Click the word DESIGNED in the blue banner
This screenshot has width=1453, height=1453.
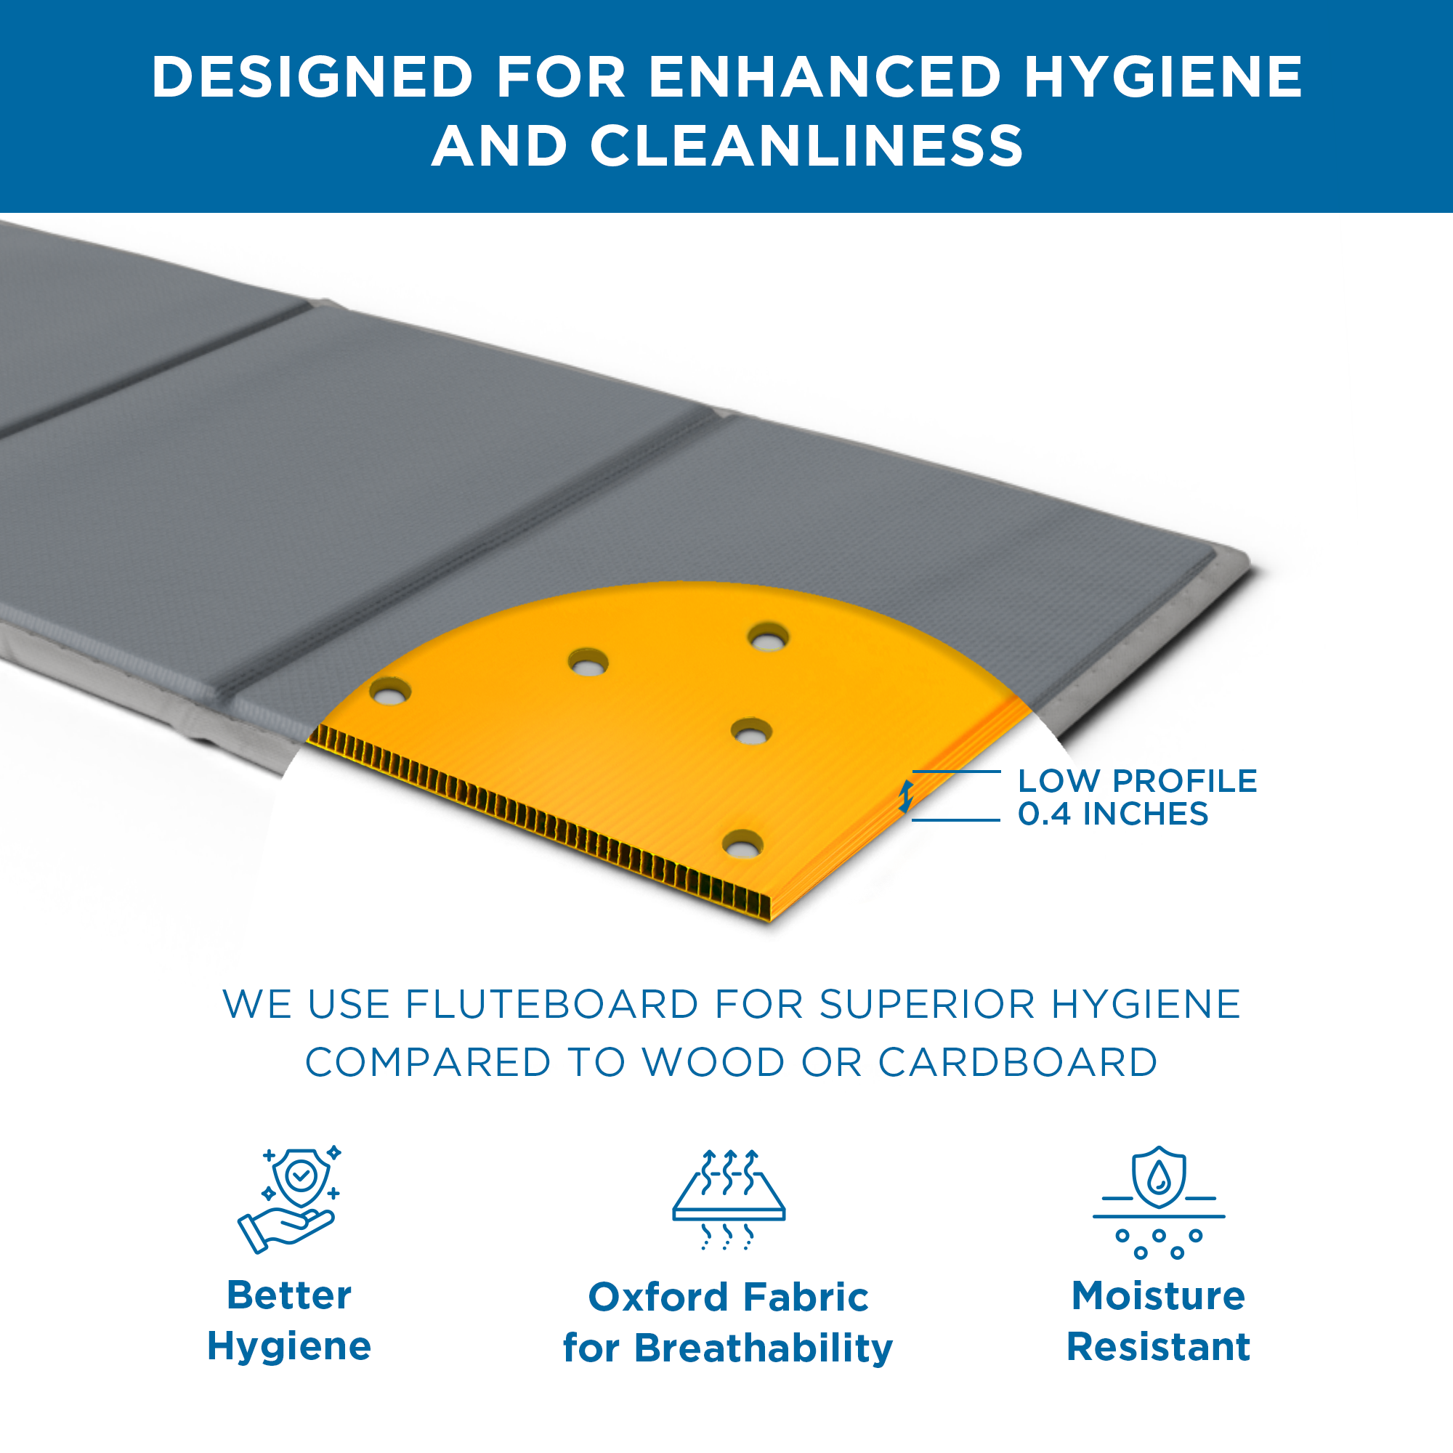[312, 77]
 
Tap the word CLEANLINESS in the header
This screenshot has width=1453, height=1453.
[806, 146]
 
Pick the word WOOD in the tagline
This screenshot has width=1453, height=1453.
[713, 1062]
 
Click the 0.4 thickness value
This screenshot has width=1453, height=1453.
[1044, 814]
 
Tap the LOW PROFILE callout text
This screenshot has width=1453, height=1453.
[1137, 782]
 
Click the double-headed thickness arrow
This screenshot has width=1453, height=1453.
[906, 796]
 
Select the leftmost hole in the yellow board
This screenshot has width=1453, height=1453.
[390, 691]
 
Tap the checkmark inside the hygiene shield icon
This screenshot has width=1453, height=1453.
[301, 1174]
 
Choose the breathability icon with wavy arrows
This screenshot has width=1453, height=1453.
[729, 1199]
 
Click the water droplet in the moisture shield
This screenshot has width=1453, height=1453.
[1159, 1177]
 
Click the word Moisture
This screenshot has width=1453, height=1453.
[1158, 1296]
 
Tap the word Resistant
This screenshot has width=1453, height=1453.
[1158, 1347]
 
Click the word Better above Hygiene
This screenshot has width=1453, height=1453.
[289, 1295]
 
